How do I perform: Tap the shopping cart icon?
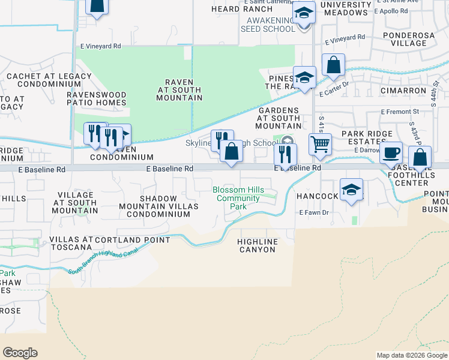[x=320, y=144]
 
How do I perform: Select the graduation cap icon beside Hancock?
[x=351, y=190]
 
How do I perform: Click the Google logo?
[x=20, y=353]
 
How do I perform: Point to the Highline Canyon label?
[x=258, y=245]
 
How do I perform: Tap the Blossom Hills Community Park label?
[x=238, y=198]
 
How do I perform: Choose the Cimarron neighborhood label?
[x=403, y=91]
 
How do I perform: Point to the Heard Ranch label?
[x=237, y=10]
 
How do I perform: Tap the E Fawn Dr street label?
[x=314, y=212]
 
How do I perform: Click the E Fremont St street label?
[x=400, y=112]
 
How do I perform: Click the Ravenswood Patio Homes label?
[x=97, y=99]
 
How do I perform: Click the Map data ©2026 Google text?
[x=411, y=355]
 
